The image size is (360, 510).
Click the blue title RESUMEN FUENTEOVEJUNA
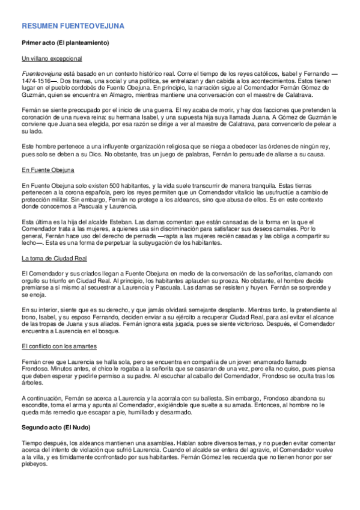pos(73,26)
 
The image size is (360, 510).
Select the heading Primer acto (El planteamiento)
pos(65,43)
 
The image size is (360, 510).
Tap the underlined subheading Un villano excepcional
pos(52,59)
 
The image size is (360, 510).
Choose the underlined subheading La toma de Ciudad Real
pos(55,259)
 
